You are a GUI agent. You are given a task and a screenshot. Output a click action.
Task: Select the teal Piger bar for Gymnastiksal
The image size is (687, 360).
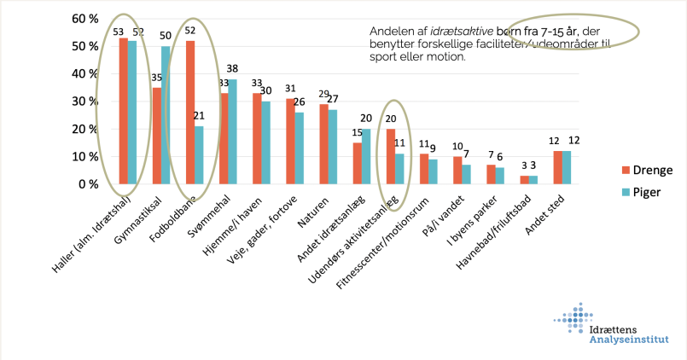tap(166, 115)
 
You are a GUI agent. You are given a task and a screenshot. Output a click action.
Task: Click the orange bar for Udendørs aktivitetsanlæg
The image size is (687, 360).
tap(390, 156)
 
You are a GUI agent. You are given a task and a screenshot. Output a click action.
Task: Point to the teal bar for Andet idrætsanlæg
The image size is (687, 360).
tap(366, 156)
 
